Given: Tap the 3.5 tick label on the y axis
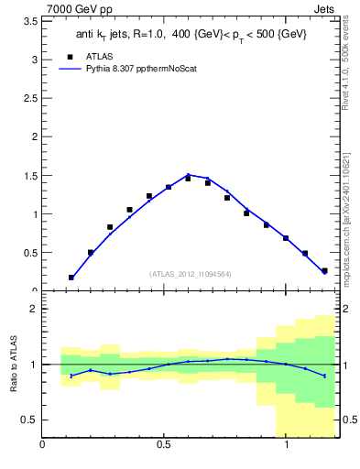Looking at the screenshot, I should [x=30, y=20].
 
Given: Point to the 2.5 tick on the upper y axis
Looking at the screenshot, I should [x=30, y=98].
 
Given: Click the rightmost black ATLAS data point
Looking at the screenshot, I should [x=324, y=270].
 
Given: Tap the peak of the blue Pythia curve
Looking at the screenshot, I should [x=188, y=175].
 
